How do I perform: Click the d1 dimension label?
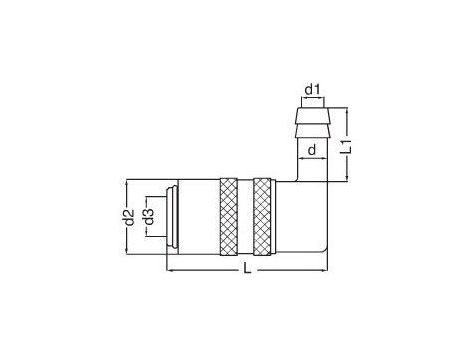pyautogui.click(x=312, y=89)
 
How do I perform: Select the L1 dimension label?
pyautogui.click(x=347, y=146)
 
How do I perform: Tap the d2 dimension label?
pyautogui.click(x=129, y=217)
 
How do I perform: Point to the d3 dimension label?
pyautogui.click(x=149, y=217)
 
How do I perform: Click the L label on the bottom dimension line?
pyautogui.click(x=247, y=268)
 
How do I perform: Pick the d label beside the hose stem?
pyautogui.click(x=311, y=150)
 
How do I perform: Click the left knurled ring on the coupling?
pyautogui.click(x=229, y=217)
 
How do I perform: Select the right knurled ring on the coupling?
pyautogui.click(x=262, y=217)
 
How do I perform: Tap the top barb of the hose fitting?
pyautogui.click(x=313, y=116)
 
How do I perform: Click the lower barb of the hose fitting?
pyautogui.click(x=313, y=130)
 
